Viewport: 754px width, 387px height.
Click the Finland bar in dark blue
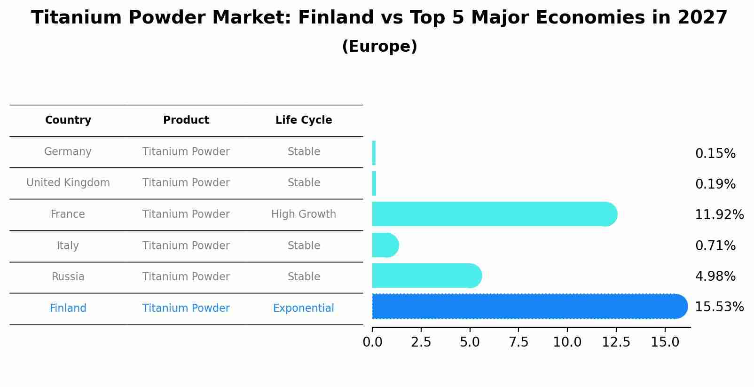coord(526,307)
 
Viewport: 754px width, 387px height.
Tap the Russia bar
coord(425,276)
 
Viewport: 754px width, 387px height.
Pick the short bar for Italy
coord(385,245)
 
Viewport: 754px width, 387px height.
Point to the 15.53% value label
coord(719,307)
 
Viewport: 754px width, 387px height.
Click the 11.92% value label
coord(719,215)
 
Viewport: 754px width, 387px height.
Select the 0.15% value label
coord(715,154)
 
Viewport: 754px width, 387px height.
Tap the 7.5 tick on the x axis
coord(518,342)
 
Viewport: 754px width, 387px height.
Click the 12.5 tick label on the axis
coord(616,342)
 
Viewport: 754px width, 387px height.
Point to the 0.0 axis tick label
coord(372,342)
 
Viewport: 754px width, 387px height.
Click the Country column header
coord(68,120)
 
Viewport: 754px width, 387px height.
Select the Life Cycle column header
coord(304,120)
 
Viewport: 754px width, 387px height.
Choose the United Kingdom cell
coord(68,183)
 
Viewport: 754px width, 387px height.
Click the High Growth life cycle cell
coord(304,214)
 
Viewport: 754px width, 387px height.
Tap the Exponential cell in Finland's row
coord(304,308)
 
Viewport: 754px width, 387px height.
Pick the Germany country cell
coord(68,152)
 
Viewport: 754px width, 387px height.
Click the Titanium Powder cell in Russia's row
coord(186,277)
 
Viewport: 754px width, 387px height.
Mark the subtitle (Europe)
coord(379,47)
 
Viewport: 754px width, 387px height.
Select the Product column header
coord(186,120)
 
